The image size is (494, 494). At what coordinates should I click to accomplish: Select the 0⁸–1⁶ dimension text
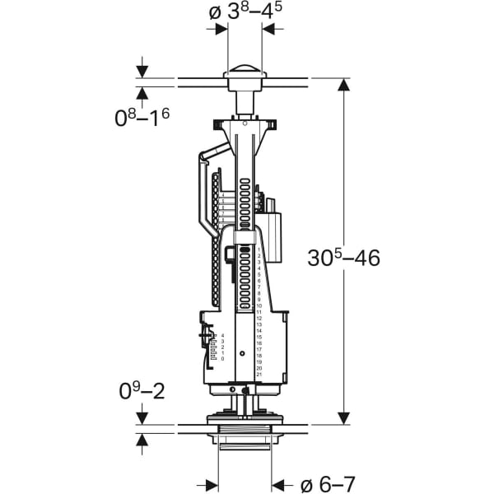tap(142, 117)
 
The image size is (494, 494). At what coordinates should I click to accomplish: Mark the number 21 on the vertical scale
tap(259, 375)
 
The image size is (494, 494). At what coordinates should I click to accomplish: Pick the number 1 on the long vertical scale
tap(259, 249)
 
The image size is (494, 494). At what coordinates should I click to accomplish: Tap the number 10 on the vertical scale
tap(259, 305)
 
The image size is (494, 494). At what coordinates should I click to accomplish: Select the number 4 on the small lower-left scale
tap(221, 336)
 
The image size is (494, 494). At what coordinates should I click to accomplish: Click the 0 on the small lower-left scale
tap(221, 359)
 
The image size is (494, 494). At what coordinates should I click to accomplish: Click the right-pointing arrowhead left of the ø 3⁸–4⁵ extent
tap(221, 29)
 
